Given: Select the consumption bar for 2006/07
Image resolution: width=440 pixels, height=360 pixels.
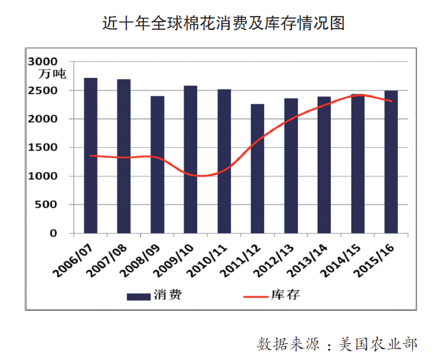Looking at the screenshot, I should tap(91, 155).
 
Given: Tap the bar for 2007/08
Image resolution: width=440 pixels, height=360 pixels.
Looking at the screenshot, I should tap(124, 156).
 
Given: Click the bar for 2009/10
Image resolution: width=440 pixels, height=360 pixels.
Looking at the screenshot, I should tap(191, 159).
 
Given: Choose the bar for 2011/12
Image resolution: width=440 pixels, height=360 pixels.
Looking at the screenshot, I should tap(257, 168).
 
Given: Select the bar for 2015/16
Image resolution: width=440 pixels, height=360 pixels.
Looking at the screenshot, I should tap(390, 162).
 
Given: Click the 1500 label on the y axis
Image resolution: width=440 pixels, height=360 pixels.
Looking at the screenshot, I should tap(45, 147).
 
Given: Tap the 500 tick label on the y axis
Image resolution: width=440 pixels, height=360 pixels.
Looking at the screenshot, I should tap(48, 205).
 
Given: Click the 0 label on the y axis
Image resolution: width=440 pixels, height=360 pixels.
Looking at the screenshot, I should tap(54, 233).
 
